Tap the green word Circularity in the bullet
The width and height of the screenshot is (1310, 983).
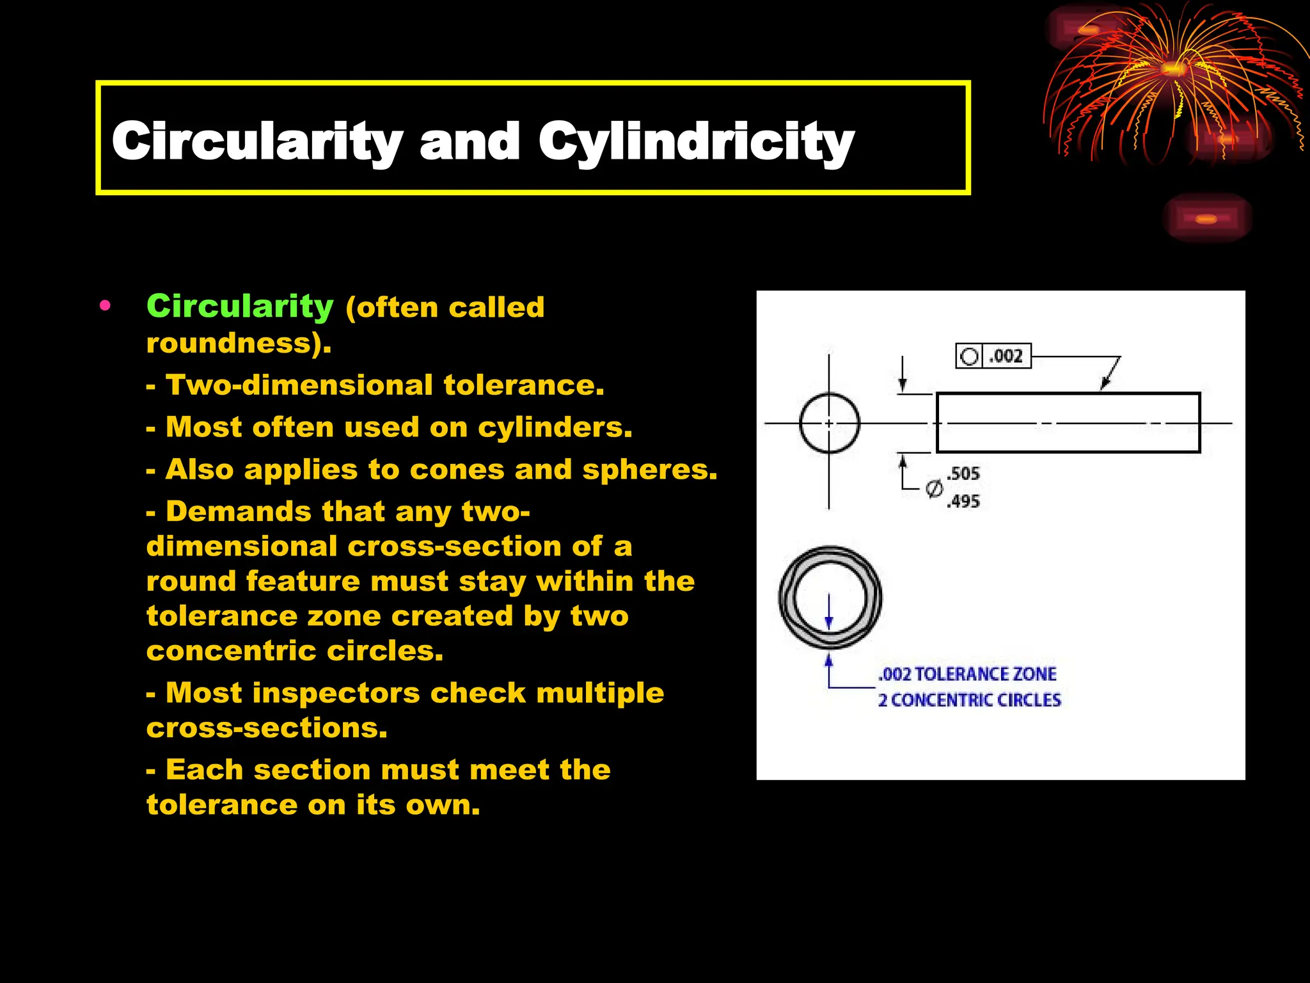(240, 307)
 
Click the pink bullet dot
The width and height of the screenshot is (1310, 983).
(106, 306)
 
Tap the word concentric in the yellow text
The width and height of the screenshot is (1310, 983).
(230, 651)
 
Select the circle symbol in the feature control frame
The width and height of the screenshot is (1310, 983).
(970, 356)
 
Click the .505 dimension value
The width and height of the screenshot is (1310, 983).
(963, 474)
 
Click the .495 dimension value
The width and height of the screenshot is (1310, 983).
(963, 501)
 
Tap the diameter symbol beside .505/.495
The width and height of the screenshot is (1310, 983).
(934, 489)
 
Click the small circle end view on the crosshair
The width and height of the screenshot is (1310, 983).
(830, 423)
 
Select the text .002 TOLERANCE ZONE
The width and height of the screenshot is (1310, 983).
(967, 674)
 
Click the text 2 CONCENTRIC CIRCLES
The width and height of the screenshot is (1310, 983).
(969, 700)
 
